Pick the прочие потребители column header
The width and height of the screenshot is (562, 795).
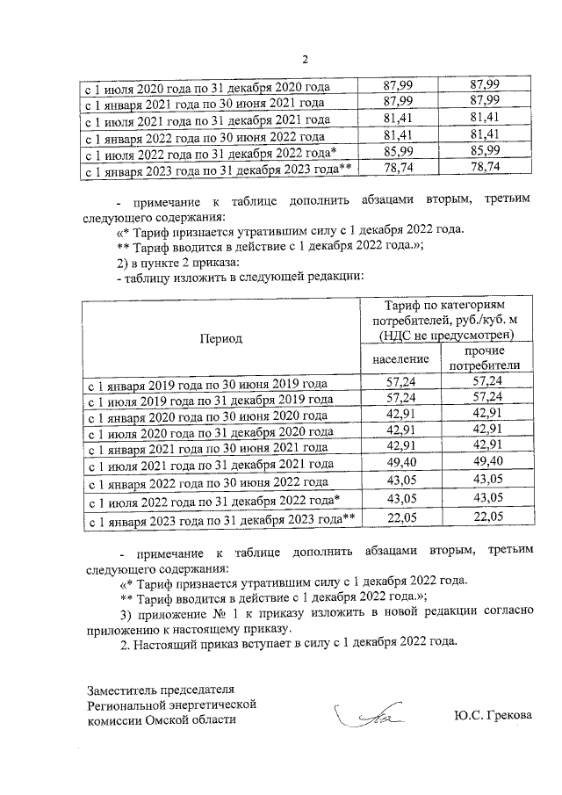tap(485, 358)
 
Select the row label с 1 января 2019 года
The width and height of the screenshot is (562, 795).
tap(205, 384)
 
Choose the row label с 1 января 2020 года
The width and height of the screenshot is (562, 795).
tap(205, 416)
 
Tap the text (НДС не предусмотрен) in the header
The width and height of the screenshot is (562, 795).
tap(446, 335)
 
